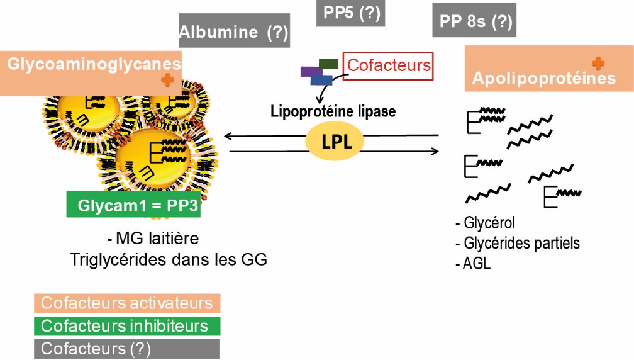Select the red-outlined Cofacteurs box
coord(389,65)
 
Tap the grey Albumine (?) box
coord(234,31)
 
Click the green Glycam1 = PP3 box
coord(133,205)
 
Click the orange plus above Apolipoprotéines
coord(599,63)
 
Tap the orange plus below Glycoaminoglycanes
coord(167,79)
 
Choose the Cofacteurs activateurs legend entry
coord(127,303)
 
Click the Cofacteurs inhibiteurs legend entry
coord(127,326)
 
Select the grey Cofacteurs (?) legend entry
coord(127,349)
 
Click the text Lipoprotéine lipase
coord(333,111)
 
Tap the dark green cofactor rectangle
coord(328,63)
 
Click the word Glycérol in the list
coord(489,223)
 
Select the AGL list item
coord(477,264)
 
